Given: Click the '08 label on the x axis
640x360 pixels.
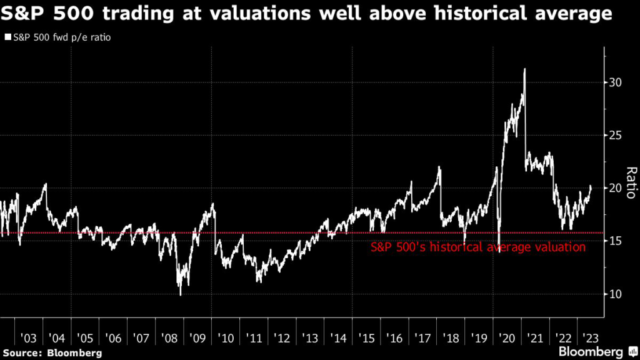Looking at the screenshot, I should tap(170, 338).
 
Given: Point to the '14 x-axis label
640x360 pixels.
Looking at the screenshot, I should tap(339, 338).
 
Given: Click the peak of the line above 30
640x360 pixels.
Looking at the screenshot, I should tap(524, 69).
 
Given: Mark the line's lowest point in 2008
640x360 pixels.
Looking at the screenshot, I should tap(181, 294).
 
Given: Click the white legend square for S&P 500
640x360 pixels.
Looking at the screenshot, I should tap(7, 37).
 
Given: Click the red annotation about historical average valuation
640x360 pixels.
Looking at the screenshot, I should tap(478, 247).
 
